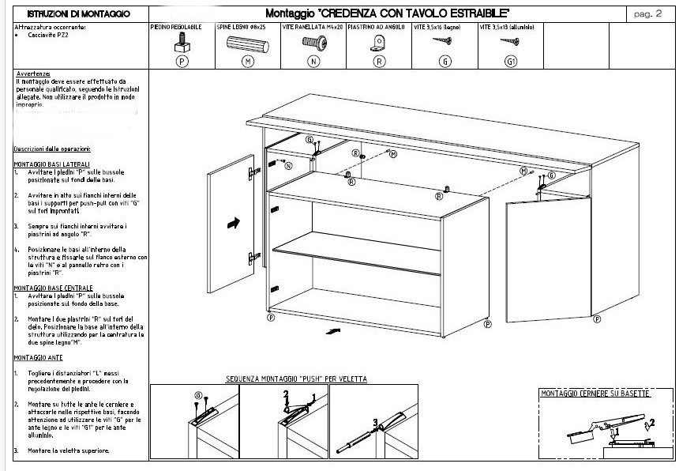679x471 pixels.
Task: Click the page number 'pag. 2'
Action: pos(647,13)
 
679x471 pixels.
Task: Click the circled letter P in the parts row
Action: pos(182,60)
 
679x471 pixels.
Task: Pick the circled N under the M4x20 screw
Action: pos(313,60)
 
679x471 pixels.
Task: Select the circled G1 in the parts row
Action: pos(509,60)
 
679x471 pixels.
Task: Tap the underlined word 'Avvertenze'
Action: pos(32,74)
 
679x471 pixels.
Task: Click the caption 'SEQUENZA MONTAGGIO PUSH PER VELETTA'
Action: pos(297,379)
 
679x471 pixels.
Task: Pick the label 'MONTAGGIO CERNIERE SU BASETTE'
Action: pos(595,394)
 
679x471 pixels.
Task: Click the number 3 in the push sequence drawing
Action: pos(376,422)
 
